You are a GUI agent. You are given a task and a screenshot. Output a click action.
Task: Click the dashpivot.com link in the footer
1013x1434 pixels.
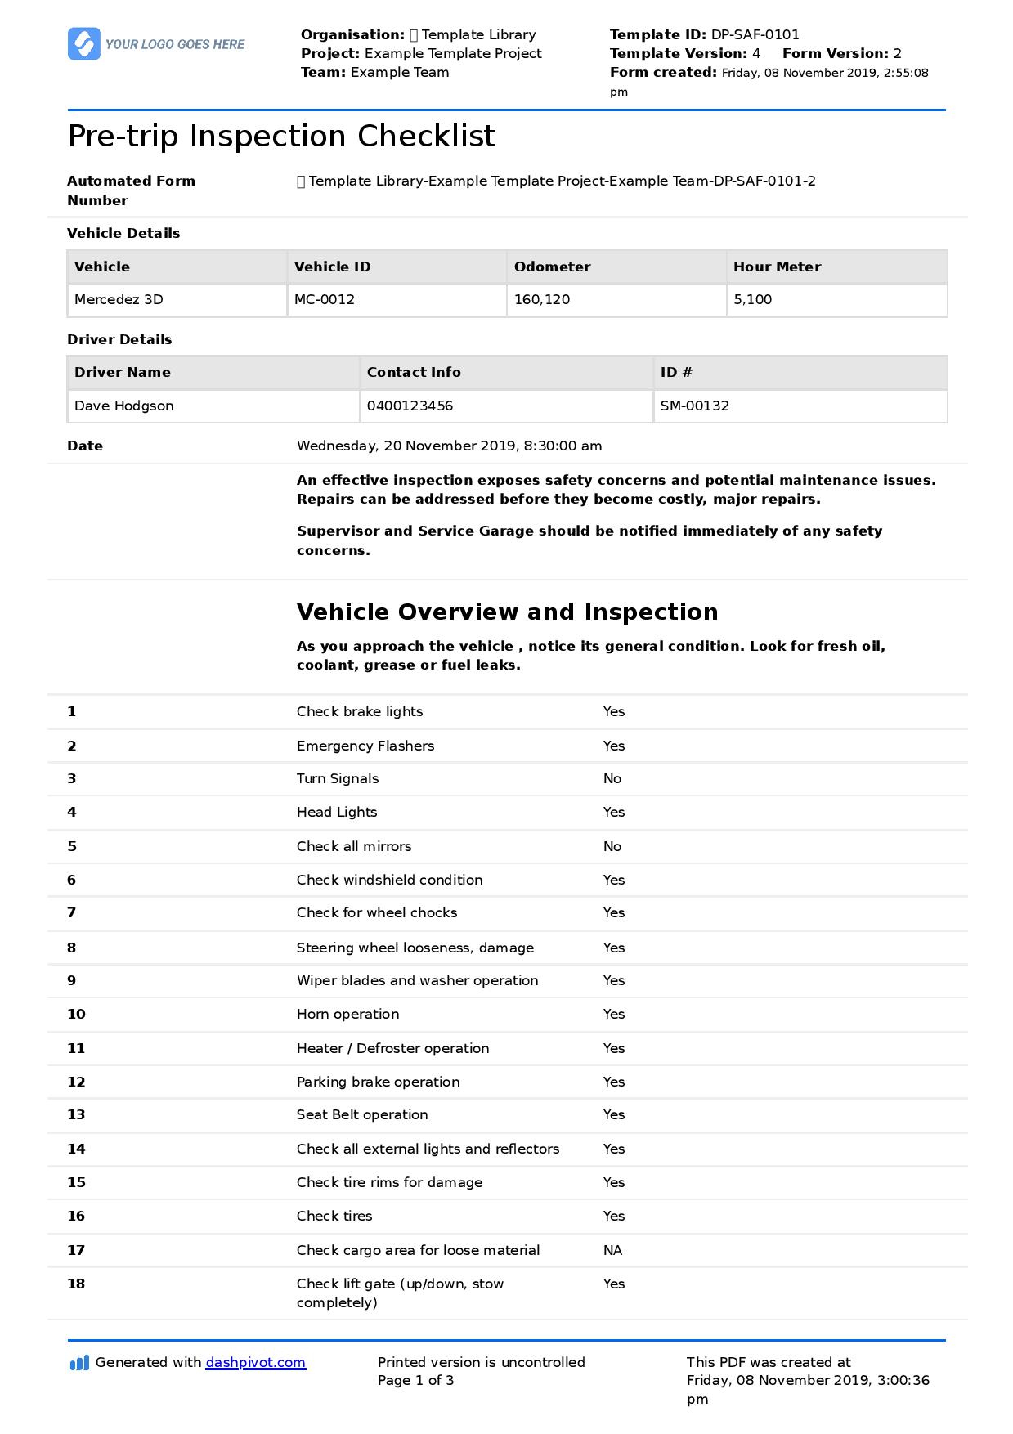(255, 1362)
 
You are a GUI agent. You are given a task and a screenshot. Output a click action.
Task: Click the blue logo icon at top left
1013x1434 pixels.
(83, 44)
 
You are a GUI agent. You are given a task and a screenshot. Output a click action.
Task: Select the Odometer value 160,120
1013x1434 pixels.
(542, 299)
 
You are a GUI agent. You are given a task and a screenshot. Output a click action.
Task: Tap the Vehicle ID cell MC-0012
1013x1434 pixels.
(325, 299)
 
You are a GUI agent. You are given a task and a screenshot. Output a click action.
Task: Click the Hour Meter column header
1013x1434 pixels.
(777, 267)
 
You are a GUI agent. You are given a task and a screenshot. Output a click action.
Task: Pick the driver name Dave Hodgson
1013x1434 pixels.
(124, 406)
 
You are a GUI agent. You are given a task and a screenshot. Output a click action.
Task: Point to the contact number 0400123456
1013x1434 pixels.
(410, 406)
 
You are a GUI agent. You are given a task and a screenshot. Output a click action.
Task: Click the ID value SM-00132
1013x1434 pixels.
(694, 406)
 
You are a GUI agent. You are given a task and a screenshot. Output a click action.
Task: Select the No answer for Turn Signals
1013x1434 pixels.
(612, 778)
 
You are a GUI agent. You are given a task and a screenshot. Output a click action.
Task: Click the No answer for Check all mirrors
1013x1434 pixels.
(612, 846)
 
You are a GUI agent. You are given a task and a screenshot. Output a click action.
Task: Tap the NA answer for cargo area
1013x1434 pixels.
(612, 1250)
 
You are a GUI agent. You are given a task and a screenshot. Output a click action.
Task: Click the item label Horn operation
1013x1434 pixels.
(347, 1014)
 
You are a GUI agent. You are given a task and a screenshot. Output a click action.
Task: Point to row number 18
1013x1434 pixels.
(76, 1284)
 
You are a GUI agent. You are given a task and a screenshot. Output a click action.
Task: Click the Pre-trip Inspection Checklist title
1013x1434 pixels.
(281, 136)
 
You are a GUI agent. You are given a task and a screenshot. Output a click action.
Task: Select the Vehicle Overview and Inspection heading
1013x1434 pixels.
(507, 612)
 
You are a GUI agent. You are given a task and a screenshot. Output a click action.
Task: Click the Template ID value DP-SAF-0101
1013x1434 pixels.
(755, 34)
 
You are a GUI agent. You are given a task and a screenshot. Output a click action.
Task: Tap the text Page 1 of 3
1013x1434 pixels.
(415, 1380)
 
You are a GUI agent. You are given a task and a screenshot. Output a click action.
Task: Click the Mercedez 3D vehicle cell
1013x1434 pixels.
(119, 299)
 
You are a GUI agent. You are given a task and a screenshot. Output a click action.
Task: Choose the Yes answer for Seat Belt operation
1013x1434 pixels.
(614, 1114)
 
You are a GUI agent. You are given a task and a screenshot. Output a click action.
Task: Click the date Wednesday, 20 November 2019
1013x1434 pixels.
(407, 446)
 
